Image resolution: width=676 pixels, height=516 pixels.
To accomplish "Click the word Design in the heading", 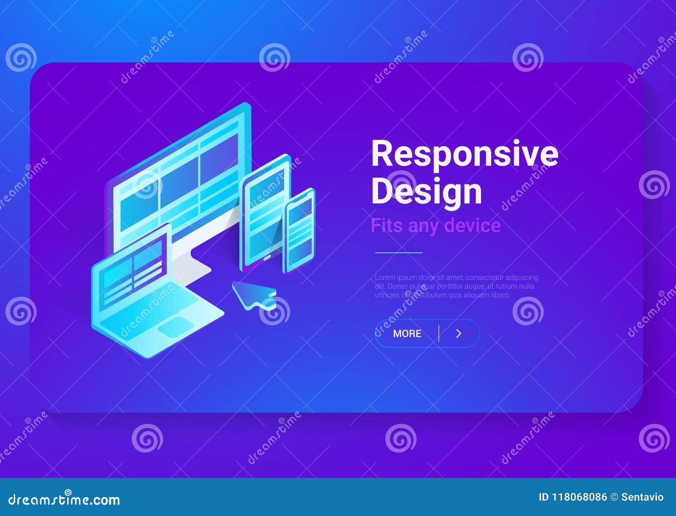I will point(426,192).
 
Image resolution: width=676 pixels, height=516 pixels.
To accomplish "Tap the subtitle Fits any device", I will point(435,225).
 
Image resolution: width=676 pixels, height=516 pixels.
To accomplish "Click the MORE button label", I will point(407,333).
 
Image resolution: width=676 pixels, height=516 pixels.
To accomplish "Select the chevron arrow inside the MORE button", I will point(459,333).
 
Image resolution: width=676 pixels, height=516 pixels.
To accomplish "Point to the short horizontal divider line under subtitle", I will point(398,252).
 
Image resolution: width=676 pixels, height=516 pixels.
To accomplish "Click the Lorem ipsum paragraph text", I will point(456,286).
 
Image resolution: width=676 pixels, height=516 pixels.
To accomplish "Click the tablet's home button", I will point(267,257).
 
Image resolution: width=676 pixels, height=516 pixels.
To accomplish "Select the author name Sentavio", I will point(642,497).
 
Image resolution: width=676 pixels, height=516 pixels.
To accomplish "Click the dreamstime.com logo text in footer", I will point(64,500).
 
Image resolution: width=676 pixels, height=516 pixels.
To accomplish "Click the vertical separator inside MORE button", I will point(439,333).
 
